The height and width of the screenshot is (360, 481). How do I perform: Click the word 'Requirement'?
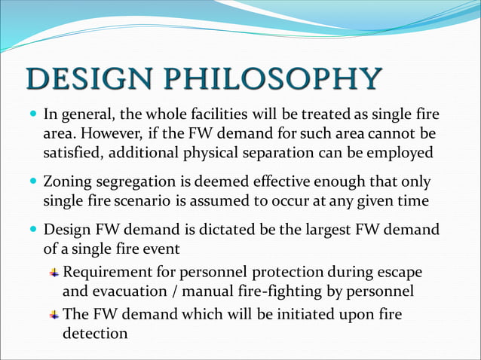(109, 271)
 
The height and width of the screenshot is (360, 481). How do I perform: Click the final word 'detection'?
(95, 331)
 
